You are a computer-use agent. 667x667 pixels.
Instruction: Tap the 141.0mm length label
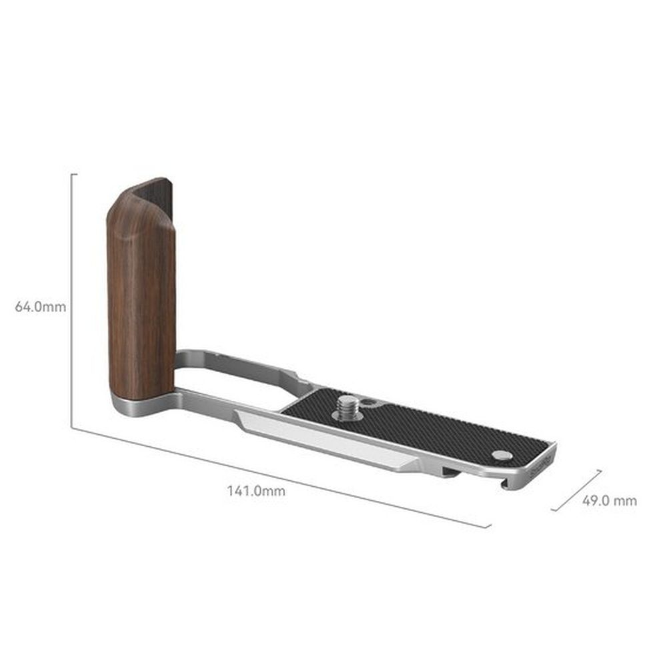click(256, 492)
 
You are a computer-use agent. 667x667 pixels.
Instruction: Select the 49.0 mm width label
click(609, 501)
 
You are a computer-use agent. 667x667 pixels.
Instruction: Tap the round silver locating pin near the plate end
click(502, 456)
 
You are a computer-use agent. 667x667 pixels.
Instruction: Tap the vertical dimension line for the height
click(71, 300)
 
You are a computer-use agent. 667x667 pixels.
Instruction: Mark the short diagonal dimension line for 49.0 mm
click(578, 490)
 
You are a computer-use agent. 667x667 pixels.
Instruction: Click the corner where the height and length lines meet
click(72, 427)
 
